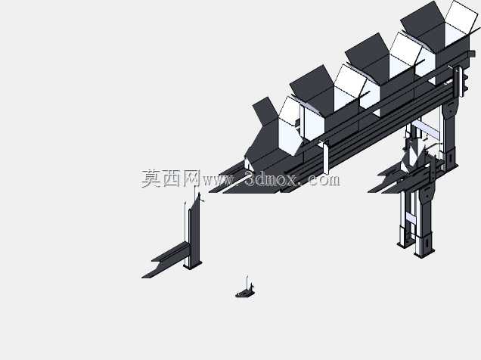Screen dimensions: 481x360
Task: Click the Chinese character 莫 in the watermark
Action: [151, 178]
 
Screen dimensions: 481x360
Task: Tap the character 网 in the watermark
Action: [192, 178]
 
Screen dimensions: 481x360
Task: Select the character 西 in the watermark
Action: [172, 178]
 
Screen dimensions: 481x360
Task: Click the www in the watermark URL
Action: [218, 181]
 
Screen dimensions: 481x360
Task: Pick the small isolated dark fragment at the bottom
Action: [245, 290]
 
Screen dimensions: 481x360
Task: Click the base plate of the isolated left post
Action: [193, 265]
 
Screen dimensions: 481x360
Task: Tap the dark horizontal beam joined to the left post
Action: [167, 259]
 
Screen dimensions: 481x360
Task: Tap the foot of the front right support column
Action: [424, 253]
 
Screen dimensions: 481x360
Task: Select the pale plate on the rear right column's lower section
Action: [410, 218]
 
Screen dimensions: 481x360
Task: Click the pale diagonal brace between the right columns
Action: [426, 129]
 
